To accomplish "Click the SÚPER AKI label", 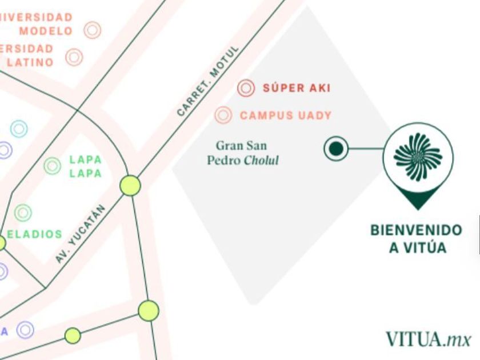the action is tap(296, 88).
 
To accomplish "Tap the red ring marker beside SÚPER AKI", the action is tap(246, 88).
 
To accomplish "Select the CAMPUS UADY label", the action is tap(286, 115).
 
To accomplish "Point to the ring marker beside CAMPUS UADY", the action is tap(223, 115).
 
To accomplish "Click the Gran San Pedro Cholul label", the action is tap(243, 153).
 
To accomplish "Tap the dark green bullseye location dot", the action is tap(336, 149).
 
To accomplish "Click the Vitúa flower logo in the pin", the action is tap(418, 156).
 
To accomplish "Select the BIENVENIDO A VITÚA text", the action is tap(416, 239).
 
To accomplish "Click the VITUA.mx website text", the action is tap(428, 339).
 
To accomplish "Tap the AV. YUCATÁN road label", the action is tap(81, 234).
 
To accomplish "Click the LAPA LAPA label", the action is tap(85, 166).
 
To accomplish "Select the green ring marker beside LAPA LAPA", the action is tap(53, 166).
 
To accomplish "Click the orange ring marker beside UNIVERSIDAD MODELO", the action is tap(93, 30).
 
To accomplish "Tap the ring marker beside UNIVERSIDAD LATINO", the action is tap(74, 57).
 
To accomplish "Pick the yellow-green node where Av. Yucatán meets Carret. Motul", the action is tap(130, 186).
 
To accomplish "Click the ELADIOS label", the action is tap(35, 234).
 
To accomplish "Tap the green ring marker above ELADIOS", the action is tap(23, 213).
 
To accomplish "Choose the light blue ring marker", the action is tap(19, 129).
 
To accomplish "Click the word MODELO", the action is tap(46, 31).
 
